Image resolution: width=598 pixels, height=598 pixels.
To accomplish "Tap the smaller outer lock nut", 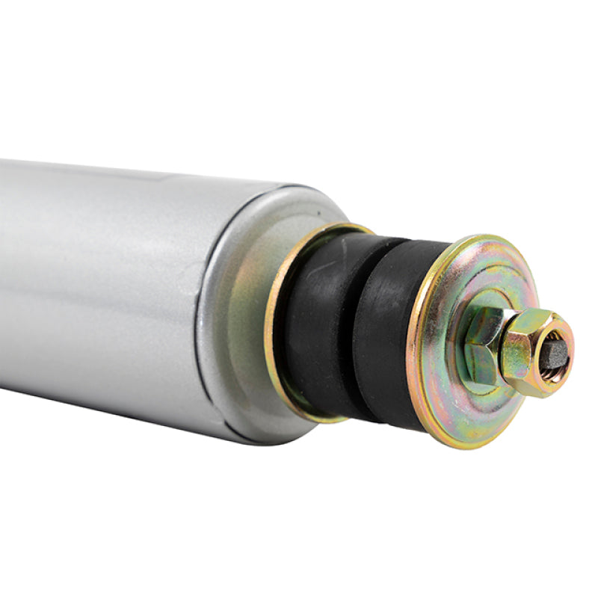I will [527, 355].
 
